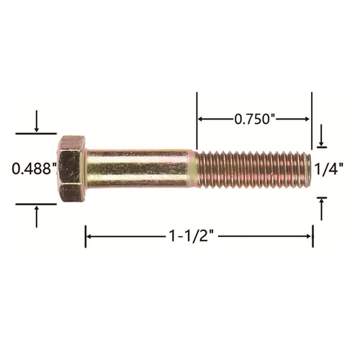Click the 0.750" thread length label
(254, 120)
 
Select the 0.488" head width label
(34, 168)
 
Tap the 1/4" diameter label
(328, 169)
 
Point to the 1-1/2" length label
(192, 236)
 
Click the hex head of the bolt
(71, 168)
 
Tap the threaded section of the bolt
(254, 169)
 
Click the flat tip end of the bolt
(309, 169)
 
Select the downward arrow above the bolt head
(37, 121)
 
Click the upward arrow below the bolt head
(37, 217)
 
